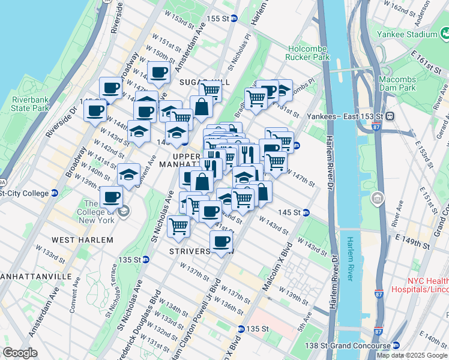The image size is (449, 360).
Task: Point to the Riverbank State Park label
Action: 29,104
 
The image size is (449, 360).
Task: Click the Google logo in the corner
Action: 20,353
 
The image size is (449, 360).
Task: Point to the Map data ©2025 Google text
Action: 412,355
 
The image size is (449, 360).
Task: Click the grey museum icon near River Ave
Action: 377,197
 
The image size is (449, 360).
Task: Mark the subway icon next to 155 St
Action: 234,18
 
